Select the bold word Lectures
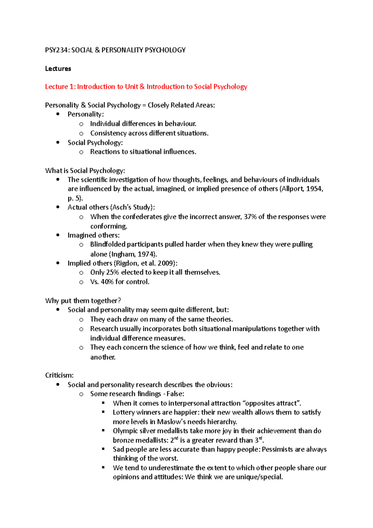coord(58,69)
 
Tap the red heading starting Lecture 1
coord(146,87)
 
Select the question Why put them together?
coord(83,301)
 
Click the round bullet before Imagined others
coord(58,235)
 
